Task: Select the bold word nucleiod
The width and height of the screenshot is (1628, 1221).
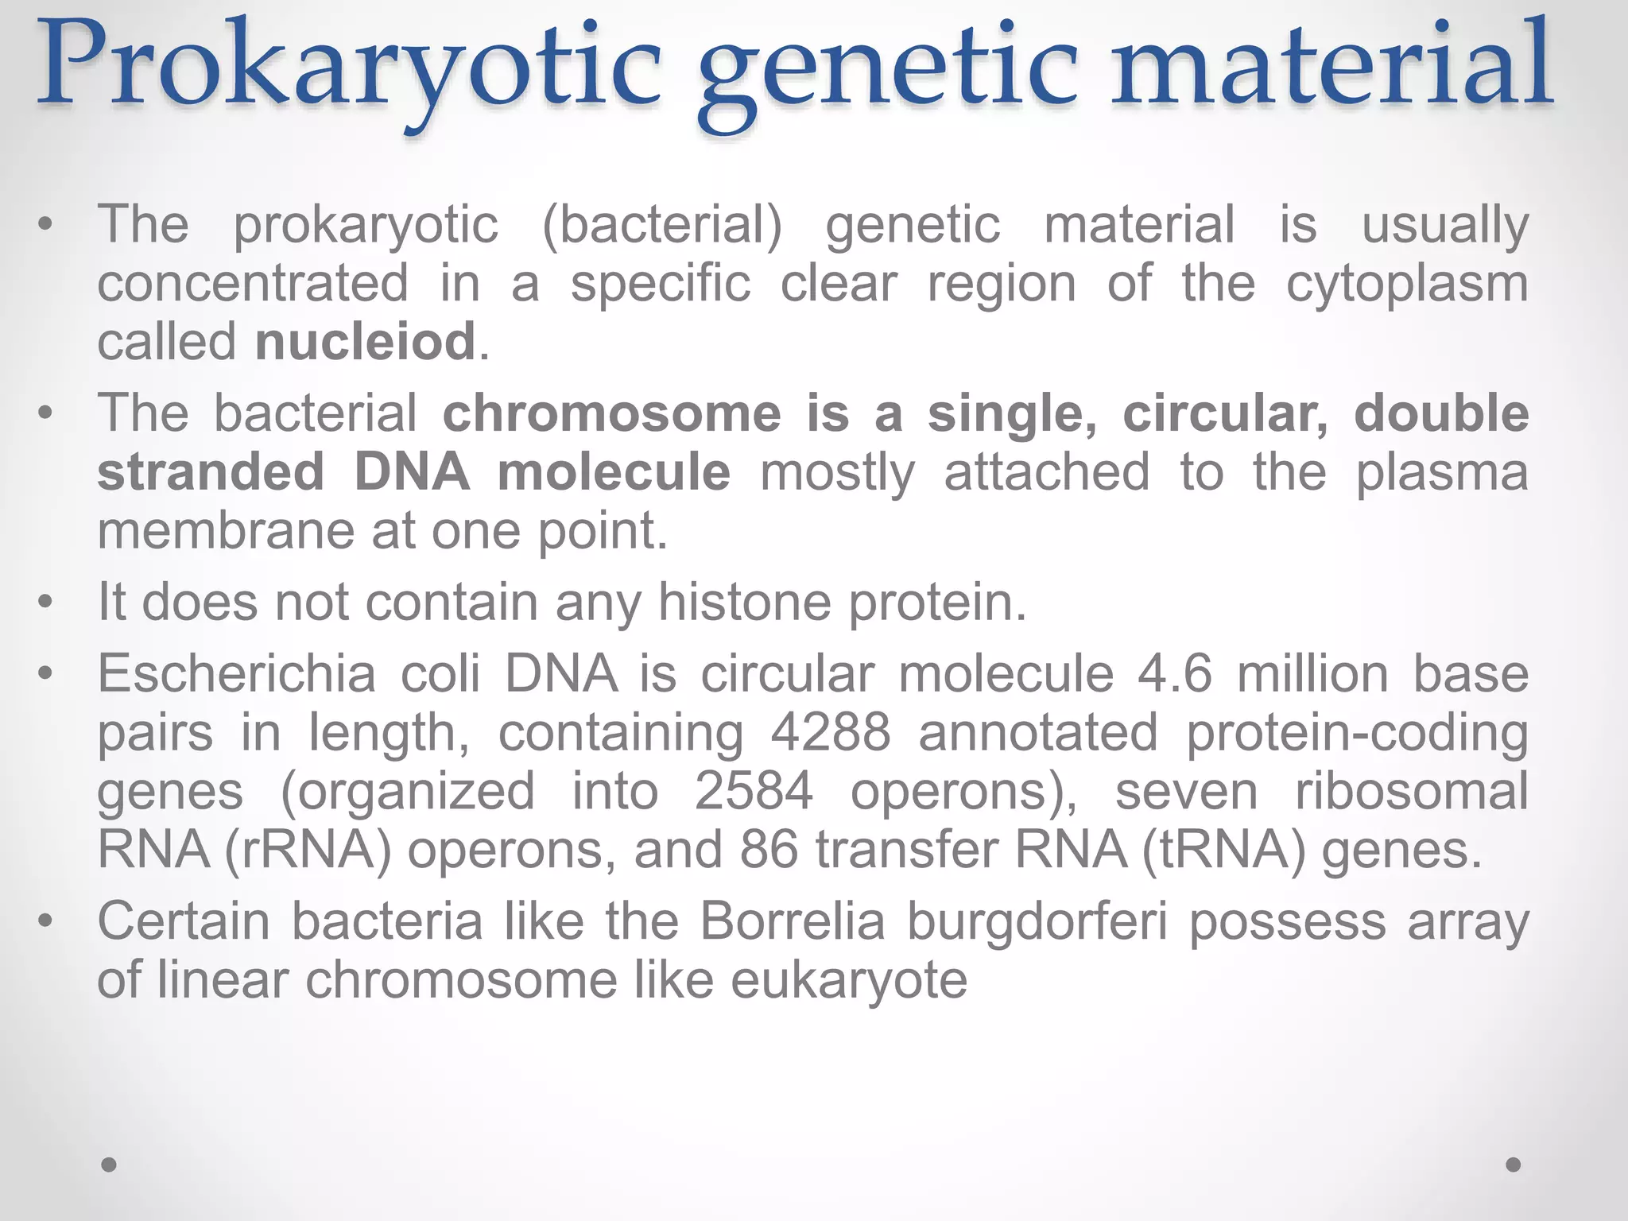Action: (x=365, y=342)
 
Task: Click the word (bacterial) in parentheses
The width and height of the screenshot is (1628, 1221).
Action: (x=661, y=224)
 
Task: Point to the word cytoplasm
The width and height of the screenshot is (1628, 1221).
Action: (x=1406, y=285)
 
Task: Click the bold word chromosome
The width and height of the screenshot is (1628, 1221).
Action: (x=611, y=413)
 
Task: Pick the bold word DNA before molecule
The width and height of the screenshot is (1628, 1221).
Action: (x=411, y=471)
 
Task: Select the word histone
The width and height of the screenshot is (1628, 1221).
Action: (x=745, y=602)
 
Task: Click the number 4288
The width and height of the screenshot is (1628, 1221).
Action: (x=830, y=732)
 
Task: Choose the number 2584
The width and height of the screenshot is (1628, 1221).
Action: (x=754, y=791)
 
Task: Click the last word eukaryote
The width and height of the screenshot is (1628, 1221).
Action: (x=848, y=981)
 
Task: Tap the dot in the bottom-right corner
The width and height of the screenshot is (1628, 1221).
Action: (x=1514, y=1165)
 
